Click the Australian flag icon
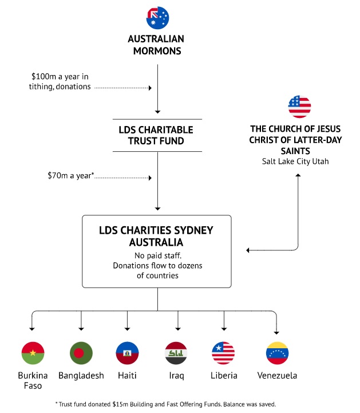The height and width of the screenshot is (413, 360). tap(157, 18)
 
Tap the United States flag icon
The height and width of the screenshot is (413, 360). tap(299, 107)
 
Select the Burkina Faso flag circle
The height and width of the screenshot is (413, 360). tap(33, 353)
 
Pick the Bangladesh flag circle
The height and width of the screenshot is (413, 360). tap(81, 353)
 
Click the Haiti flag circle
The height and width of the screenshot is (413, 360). tap(128, 353)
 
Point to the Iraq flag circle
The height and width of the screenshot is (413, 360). tap(176, 353)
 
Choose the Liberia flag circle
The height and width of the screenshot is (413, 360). tap(223, 353)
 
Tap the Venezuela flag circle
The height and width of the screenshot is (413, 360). tap(278, 353)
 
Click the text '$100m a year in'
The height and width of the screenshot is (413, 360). tap(60, 77)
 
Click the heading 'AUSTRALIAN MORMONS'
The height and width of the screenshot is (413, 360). tap(156, 45)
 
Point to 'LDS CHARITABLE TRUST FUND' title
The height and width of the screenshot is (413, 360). tap(156, 135)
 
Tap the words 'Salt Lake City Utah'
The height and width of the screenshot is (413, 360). tap(295, 161)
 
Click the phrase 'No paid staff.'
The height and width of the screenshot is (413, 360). tap(158, 255)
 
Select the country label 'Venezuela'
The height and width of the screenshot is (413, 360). tap(278, 375)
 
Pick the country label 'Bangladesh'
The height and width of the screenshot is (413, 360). tap(81, 376)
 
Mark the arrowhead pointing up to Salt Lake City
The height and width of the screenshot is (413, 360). tap(298, 175)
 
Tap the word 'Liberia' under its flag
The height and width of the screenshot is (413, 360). tap(224, 375)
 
